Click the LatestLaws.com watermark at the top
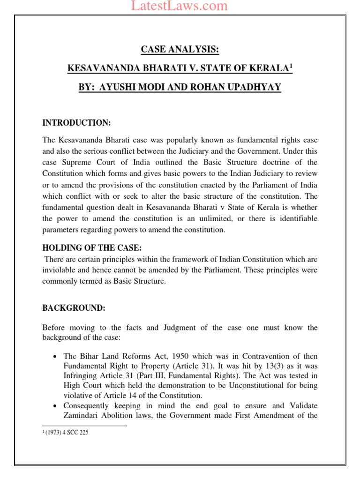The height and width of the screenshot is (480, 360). point(180,6)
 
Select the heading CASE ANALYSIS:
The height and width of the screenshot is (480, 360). point(180,50)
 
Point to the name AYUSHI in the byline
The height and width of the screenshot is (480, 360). point(119,87)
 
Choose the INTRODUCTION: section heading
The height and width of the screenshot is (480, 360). point(76,123)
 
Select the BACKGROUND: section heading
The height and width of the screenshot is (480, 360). point(74,308)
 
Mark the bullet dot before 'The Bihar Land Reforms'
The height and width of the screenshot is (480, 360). point(55,356)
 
